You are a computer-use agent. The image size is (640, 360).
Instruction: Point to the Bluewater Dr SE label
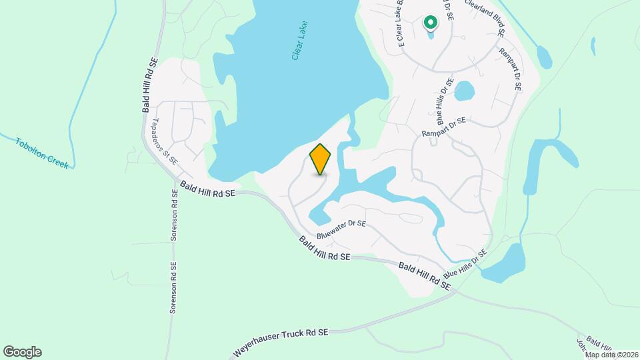pyautogui.click(x=341, y=229)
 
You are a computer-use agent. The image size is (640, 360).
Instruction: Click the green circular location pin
pyautogui.click(x=430, y=24)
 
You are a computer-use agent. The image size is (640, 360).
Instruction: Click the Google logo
pyautogui.click(x=22, y=351)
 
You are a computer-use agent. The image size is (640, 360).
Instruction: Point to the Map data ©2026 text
pyautogui.click(x=611, y=355)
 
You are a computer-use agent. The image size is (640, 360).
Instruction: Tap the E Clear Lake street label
pyautogui.click(x=401, y=24)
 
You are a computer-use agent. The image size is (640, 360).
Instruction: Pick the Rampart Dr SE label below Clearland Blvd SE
pyautogui.click(x=515, y=73)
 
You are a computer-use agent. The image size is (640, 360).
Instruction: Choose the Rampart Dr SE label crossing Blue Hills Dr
pyautogui.click(x=443, y=128)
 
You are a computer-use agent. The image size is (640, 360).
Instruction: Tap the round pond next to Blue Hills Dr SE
pyautogui.click(x=464, y=91)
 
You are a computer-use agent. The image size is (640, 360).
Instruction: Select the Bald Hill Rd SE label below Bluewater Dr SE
pyautogui.click(x=324, y=248)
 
